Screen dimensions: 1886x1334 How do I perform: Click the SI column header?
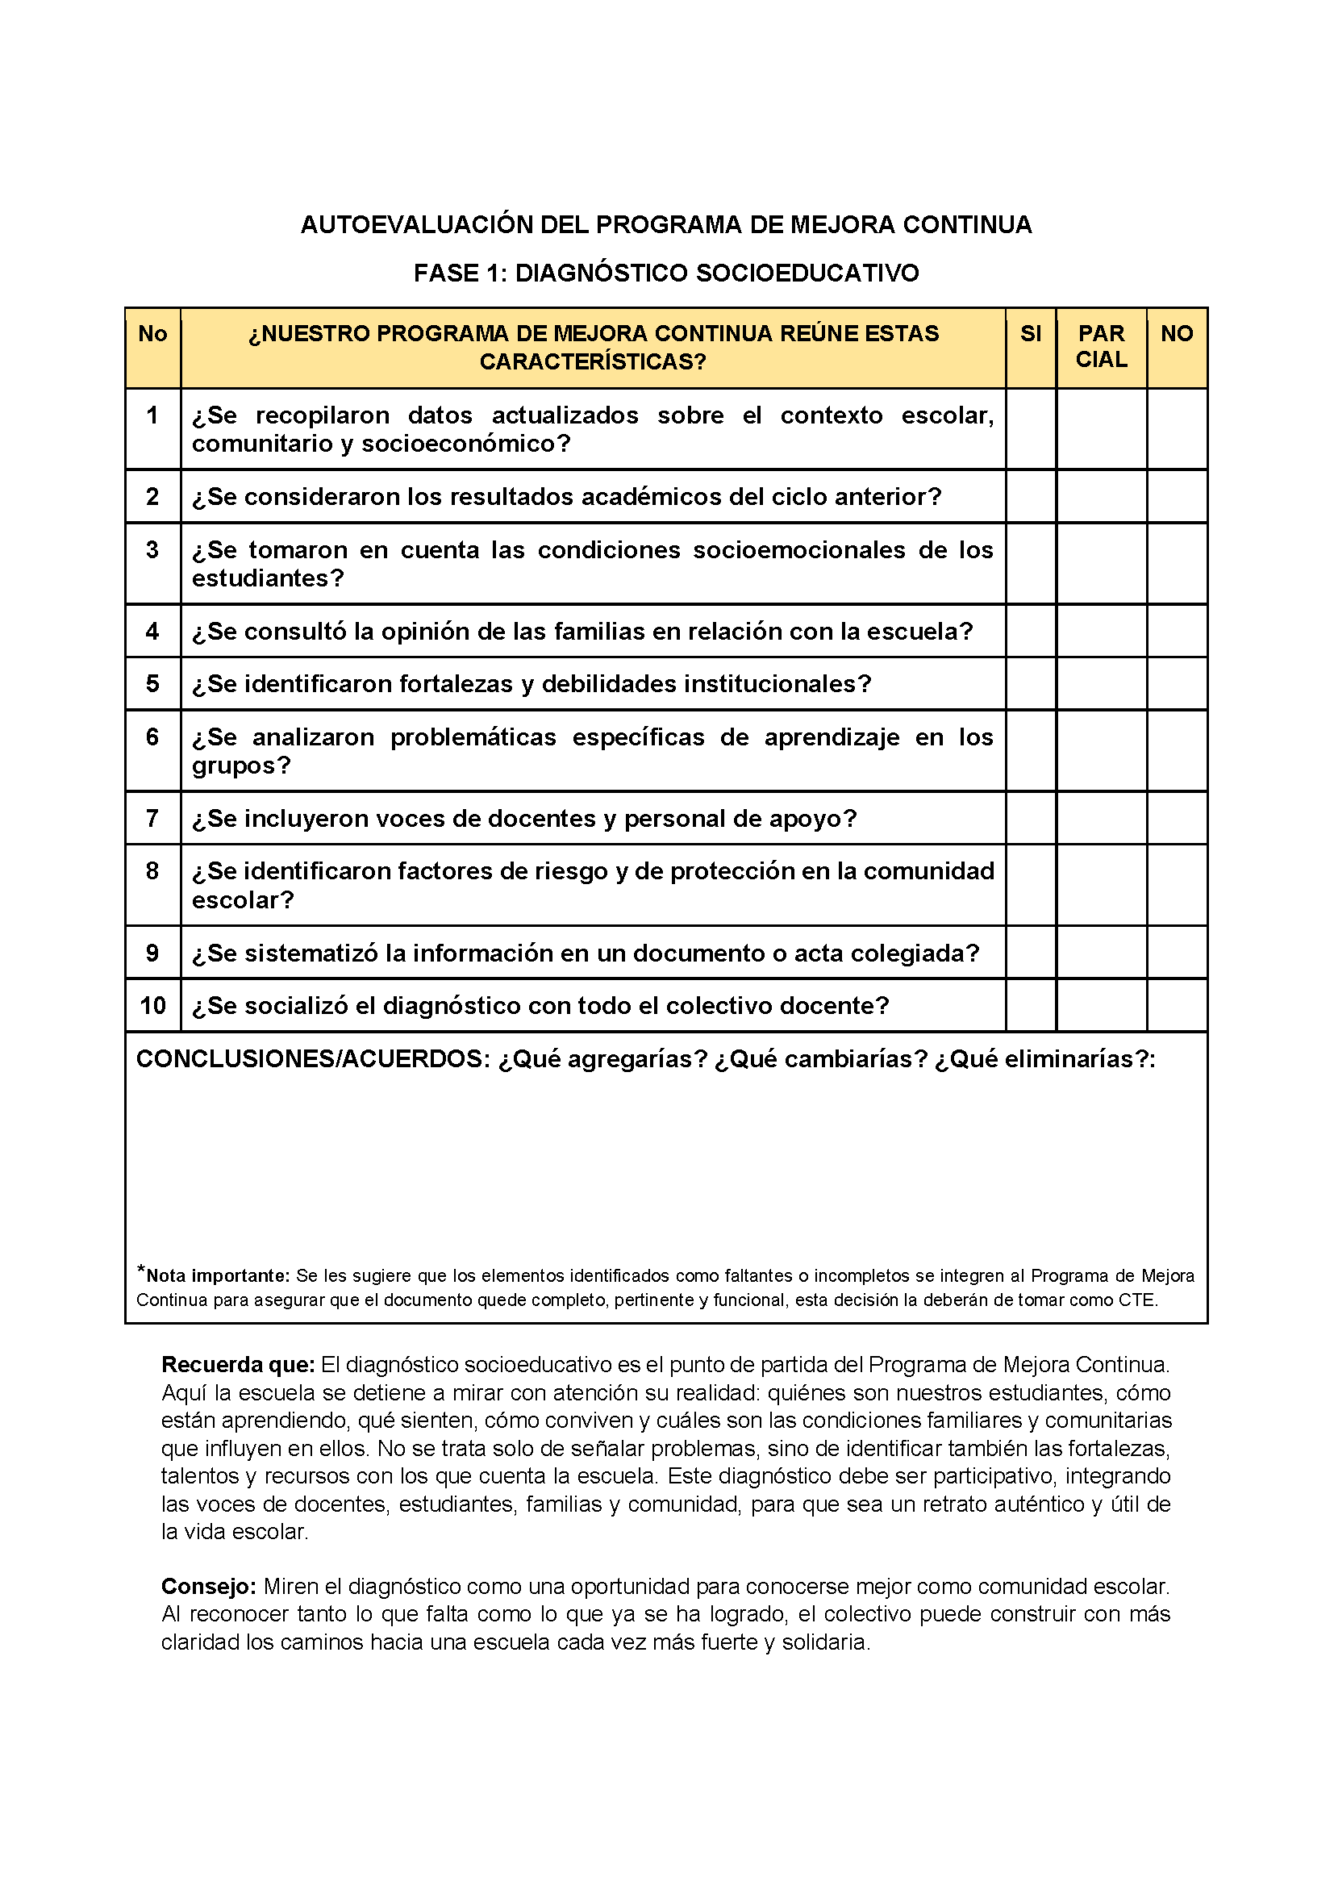click(1030, 333)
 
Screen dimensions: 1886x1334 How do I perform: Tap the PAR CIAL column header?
click(1101, 347)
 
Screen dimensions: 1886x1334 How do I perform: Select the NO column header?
click(1176, 333)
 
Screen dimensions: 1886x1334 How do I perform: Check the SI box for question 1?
click(1030, 429)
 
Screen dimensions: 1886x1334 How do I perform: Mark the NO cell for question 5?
click(1176, 683)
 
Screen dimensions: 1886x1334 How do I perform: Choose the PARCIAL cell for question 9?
click(1101, 953)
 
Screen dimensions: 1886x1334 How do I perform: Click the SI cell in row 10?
click(1030, 1005)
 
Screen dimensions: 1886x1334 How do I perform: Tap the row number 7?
click(152, 818)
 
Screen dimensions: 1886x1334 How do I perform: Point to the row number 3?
click(152, 549)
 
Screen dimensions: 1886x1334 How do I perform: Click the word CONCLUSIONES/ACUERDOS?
click(313, 1060)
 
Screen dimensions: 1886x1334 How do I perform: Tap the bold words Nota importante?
click(217, 1275)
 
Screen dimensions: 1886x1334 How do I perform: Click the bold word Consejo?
click(209, 1586)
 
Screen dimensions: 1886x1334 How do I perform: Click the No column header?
click(152, 333)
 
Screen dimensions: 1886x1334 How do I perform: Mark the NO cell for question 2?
click(1176, 496)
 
